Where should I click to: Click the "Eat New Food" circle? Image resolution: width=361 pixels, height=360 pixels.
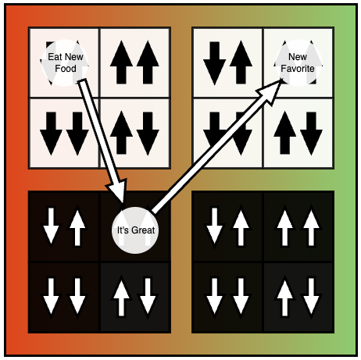click(x=65, y=62)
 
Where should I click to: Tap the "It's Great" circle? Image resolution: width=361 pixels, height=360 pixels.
click(x=135, y=230)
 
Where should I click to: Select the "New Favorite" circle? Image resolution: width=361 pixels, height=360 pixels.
click(x=298, y=62)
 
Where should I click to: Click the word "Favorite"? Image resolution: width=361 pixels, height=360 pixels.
click(x=298, y=69)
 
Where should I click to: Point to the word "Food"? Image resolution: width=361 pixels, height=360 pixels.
click(x=66, y=69)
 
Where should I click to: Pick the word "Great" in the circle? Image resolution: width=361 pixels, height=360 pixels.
click(x=143, y=230)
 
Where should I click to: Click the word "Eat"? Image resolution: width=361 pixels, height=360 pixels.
click(x=54, y=57)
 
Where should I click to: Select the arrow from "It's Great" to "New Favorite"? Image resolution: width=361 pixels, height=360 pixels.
click(x=216, y=147)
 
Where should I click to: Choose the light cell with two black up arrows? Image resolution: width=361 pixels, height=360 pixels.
click(x=134, y=62)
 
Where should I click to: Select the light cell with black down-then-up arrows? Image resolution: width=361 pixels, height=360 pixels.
click(x=227, y=62)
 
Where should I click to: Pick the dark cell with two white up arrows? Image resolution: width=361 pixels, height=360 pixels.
click(x=298, y=226)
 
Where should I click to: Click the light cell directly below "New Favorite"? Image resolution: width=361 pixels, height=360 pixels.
click(x=298, y=133)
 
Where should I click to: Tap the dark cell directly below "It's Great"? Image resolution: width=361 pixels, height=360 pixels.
click(x=134, y=297)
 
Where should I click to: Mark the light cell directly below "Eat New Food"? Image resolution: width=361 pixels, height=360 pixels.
click(x=64, y=133)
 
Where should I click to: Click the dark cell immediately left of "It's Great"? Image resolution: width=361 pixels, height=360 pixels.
click(x=64, y=226)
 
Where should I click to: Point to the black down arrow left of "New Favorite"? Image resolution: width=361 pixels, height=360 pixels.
click(x=214, y=63)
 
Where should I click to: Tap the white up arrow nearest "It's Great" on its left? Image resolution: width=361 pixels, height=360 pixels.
click(x=77, y=226)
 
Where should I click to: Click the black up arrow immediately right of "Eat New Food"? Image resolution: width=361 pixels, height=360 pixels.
click(x=121, y=62)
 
